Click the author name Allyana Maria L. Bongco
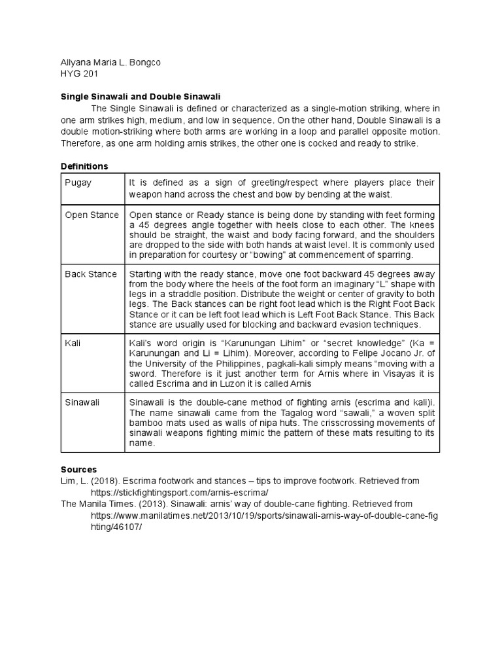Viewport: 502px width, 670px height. [x=110, y=63]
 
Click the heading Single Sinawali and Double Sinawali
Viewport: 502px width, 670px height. [x=141, y=96]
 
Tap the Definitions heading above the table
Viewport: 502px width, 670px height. [x=84, y=166]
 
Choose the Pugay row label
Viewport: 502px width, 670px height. [x=78, y=183]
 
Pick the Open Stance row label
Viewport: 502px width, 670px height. [x=92, y=215]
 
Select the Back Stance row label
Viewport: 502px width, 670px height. [x=91, y=273]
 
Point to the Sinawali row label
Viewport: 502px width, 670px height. [x=82, y=402]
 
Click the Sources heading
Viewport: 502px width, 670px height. [x=78, y=469]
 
